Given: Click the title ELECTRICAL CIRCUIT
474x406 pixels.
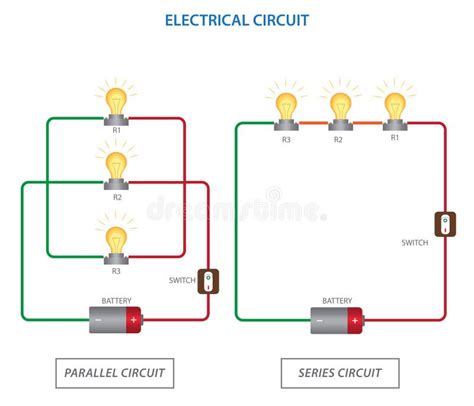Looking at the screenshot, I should coord(236,19).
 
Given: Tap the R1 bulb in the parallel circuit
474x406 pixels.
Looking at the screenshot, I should coord(117,103).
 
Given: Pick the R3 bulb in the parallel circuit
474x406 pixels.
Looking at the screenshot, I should coord(117,239).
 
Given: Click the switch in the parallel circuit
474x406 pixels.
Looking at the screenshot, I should coord(208,281).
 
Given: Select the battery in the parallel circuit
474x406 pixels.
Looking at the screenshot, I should coord(116,320).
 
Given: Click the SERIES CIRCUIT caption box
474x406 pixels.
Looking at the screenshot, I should coord(340,373).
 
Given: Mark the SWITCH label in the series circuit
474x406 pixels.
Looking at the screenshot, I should coord(415,243).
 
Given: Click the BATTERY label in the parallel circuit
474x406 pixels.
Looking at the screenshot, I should coord(116,299).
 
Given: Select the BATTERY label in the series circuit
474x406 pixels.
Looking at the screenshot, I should coord(337,300).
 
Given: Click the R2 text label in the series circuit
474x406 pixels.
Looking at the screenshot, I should coord(339,139).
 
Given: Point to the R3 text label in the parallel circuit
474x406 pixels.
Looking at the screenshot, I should coord(117,271).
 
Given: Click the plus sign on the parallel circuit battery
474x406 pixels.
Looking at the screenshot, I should coord(133,321).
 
